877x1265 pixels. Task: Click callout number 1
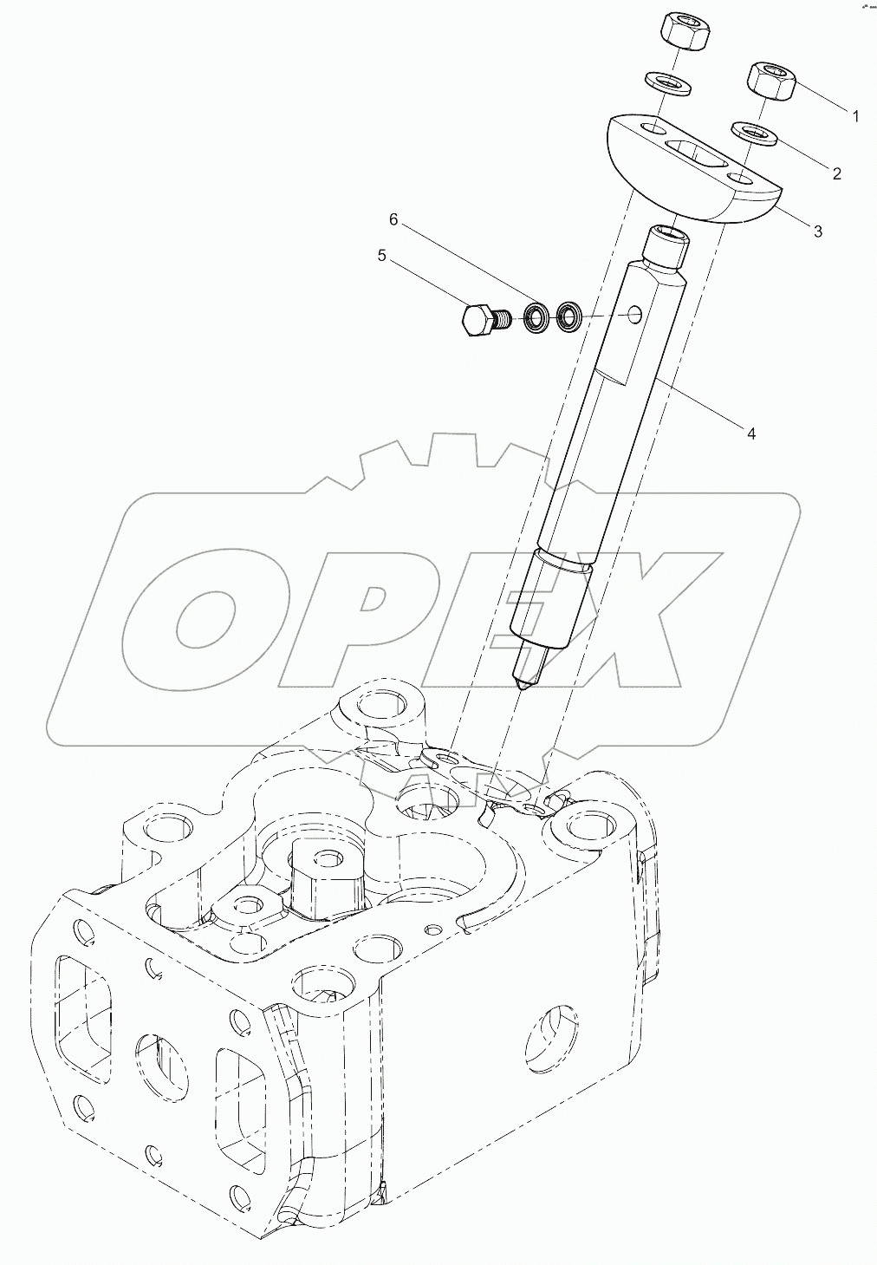[855, 116]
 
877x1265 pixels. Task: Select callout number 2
[836, 173]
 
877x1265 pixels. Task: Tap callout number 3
[817, 231]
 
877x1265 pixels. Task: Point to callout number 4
[751, 434]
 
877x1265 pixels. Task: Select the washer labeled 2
[752, 133]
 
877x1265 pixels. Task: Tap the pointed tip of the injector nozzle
[523, 686]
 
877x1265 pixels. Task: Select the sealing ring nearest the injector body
[569, 316]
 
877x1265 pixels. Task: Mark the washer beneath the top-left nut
[667, 82]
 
